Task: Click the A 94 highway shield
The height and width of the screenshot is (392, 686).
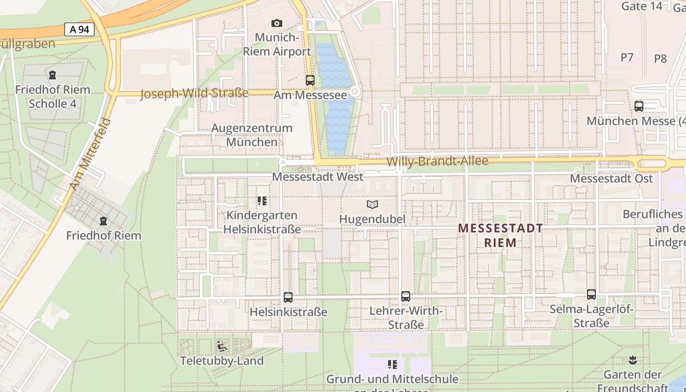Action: click(x=79, y=29)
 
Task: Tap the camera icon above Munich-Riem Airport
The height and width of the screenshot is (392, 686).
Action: click(x=276, y=23)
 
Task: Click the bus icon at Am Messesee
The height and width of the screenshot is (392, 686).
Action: click(x=310, y=80)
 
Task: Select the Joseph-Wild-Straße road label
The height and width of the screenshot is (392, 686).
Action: click(x=195, y=93)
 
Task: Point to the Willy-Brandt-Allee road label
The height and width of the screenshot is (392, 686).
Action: click(x=437, y=161)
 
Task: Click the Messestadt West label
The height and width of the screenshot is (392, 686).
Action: click(x=318, y=177)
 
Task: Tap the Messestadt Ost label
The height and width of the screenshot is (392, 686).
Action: click(x=611, y=178)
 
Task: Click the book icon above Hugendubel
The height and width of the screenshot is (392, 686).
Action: click(x=372, y=204)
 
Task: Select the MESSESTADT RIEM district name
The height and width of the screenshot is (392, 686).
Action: click(x=500, y=235)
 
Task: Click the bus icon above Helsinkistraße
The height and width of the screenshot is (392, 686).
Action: click(x=288, y=297)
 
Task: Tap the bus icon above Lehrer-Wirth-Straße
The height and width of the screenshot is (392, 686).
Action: click(x=406, y=296)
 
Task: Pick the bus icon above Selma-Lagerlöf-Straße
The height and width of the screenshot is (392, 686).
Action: click(x=591, y=294)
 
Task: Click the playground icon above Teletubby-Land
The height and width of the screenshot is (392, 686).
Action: click(x=221, y=346)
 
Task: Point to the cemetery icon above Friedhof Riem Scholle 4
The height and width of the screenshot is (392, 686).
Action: click(x=52, y=75)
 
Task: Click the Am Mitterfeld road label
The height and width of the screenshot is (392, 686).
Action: click(x=91, y=154)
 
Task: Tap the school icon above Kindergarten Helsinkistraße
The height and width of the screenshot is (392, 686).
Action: click(x=262, y=201)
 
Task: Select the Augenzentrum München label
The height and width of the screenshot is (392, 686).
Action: click(x=251, y=135)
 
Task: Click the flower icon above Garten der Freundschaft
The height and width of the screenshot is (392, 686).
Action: click(x=633, y=360)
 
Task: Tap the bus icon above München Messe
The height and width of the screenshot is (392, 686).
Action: click(x=639, y=106)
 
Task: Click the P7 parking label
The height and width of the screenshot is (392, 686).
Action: click(x=627, y=57)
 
